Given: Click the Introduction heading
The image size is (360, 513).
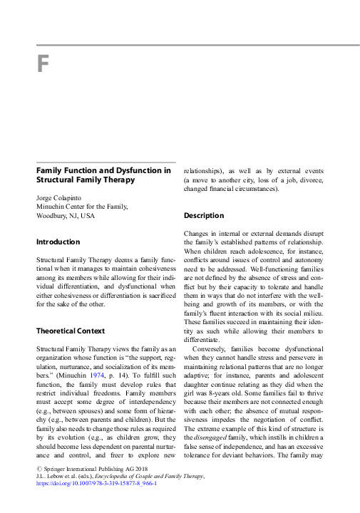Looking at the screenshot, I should (x=58, y=242).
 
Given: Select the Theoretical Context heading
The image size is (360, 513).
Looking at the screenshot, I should (x=71, y=331).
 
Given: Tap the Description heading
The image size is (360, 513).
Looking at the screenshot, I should (x=204, y=216).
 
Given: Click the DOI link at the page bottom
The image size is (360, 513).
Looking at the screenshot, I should (x=86, y=502).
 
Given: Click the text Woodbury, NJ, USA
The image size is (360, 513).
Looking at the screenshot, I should (x=66, y=215).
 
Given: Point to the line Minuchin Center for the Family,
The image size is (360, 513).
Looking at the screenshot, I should (x=82, y=207).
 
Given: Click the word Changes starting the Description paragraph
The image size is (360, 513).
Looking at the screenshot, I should (x=197, y=234).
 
